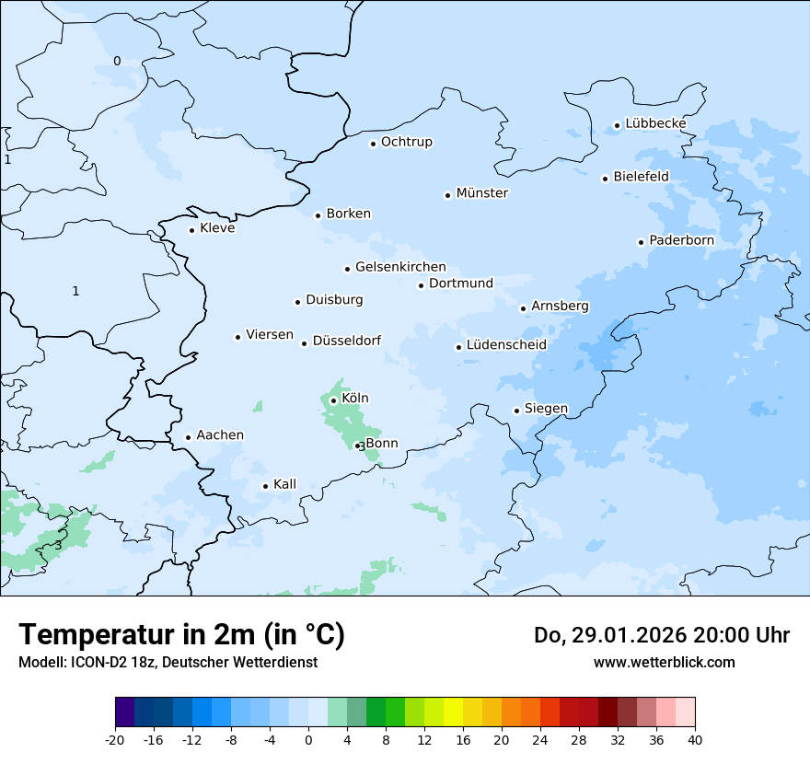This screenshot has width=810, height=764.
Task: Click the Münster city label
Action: pyautogui.click(x=482, y=193)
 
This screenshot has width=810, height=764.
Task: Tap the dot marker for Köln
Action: pyautogui.click(x=333, y=400)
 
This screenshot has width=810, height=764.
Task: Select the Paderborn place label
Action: pyautogui.click(x=681, y=240)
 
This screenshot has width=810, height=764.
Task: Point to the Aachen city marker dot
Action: pyautogui.click(x=188, y=438)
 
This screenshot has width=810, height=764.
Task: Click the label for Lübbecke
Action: pyautogui.click(x=655, y=123)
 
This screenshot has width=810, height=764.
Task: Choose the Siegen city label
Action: pyautogui.click(x=546, y=409)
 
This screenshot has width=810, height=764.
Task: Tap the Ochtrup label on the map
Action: pyautogui.click(x=406, y=142)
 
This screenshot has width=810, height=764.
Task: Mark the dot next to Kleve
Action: pyautogui.click(x=191, y=230)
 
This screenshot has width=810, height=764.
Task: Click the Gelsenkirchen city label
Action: pyautogui.click(x=400, y=267)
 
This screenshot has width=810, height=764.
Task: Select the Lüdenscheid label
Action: pyautogui.click(x=506, y=345)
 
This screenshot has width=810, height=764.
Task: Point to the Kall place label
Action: pyautogui.click(x=284, y=484)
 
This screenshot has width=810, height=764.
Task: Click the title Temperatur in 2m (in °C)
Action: pyautogui.click(x=182, y=634)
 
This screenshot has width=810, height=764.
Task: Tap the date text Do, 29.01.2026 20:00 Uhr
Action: pyautogui.click(x=661, y=635)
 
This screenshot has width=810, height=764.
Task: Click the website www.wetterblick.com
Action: pyautogui.click(x=664, y=662)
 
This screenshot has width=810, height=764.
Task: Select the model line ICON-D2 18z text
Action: pyautogui.click(x=168, y=662)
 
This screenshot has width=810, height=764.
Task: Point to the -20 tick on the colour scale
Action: pyautogui.click(x=115, y=739)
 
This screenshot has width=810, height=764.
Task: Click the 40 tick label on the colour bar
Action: pyautogui.click(x=695, y=739)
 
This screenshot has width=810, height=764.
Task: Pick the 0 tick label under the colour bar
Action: pyautogui.click(x=308, y=739)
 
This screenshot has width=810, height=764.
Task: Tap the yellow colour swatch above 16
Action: pyautogui.click(x=453, y=712)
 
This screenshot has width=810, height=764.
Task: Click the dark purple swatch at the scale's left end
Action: pyautogui.click(x=124, y=712)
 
